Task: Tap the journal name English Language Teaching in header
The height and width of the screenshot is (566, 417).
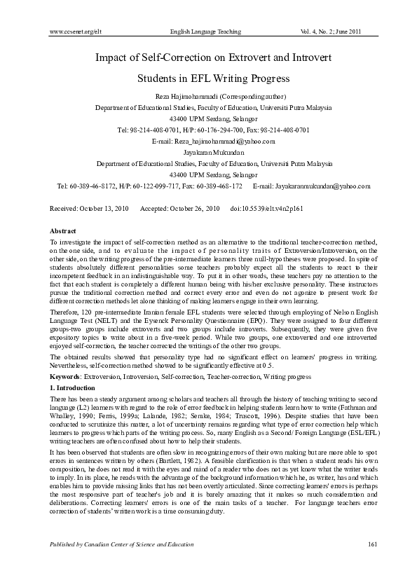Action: point(206,32)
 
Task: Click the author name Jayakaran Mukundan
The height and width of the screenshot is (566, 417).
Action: point(208,153)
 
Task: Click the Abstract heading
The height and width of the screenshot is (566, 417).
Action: point(64,230)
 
